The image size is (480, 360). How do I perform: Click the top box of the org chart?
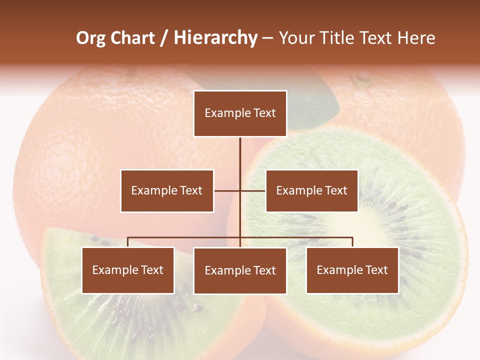240,113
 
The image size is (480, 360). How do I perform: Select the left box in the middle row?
167,190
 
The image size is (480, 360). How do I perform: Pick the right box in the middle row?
311,190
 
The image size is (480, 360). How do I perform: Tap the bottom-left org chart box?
128,270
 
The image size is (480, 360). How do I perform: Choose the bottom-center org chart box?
240,270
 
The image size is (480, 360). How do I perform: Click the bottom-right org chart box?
352,270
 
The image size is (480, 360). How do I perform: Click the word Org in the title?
91,38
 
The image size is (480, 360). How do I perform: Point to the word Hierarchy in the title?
215,38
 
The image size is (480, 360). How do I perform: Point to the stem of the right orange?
361,77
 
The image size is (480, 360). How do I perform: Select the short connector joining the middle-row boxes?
239,190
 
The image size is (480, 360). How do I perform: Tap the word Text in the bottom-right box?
376,270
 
